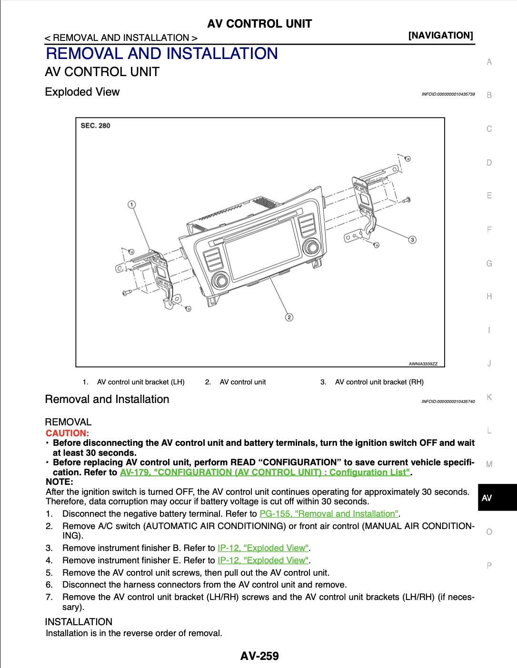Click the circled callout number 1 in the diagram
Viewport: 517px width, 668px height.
pos(131,205)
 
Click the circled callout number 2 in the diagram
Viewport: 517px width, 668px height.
pos(288,317)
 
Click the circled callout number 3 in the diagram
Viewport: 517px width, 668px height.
pos(412,239)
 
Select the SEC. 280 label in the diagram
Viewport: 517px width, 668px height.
pos(95,126)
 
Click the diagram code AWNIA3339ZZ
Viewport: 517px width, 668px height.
pos(423,364)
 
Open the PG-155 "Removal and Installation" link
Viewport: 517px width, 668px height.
pos(329,514)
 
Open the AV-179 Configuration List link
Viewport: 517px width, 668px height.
pos(265,472)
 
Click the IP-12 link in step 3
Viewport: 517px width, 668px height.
pos(263,548)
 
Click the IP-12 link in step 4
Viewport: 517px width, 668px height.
pos(263,560)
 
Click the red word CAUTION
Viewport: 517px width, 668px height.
pos(67,433)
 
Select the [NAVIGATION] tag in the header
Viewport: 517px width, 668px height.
pos(440,35)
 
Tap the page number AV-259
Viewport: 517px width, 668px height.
pos(259,656)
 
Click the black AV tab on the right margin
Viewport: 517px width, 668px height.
pos(497,498)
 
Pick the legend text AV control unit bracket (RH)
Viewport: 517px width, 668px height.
pos(379,382)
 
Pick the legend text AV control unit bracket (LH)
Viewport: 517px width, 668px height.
pos(140,382)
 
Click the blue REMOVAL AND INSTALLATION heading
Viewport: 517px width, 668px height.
pos(161,53)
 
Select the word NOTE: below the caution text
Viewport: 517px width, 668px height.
pos(59,481)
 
